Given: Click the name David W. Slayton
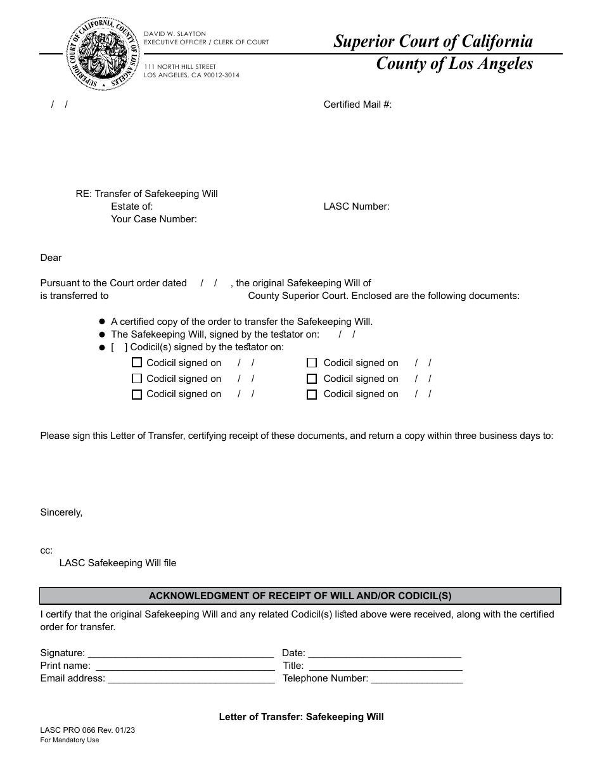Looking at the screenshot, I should [175, 34].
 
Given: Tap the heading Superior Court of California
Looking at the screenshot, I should [433, 42].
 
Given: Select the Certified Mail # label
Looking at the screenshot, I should [357, 104].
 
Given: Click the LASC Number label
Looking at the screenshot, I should [356, 206].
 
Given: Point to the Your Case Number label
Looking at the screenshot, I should [153, 219].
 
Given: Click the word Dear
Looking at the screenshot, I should [51, 258].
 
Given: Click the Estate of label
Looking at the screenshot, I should [132, 206].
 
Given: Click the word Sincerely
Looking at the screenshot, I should [61, 512].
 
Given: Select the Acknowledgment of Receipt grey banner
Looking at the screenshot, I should [300, 596].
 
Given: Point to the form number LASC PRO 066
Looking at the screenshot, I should [87, 730].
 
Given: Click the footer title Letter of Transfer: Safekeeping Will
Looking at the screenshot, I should [301, 718].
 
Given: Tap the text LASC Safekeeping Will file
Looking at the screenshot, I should [118, 563].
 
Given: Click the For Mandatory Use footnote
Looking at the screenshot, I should [70, 740].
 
